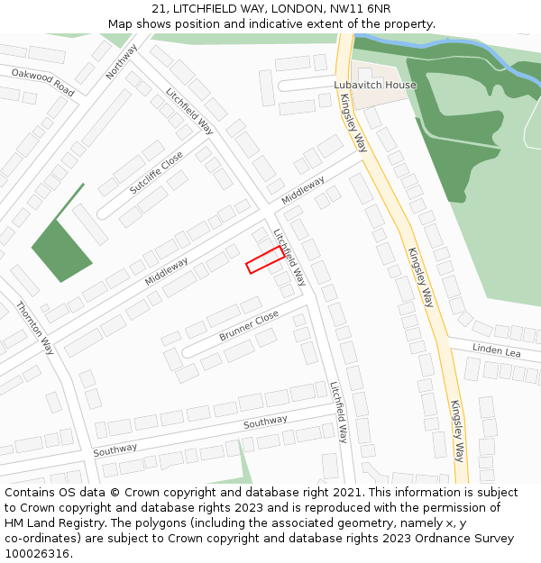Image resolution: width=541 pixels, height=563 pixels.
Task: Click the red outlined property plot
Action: pos(264,259)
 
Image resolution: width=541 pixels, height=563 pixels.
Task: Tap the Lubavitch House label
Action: pos(375,86)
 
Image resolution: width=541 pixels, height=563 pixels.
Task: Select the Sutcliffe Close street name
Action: pos(155,173)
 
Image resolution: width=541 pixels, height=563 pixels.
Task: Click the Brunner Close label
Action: pos(249,326)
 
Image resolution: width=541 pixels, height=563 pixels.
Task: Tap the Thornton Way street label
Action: pos(35,328)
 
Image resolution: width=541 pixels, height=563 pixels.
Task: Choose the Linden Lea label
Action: pos(497,350)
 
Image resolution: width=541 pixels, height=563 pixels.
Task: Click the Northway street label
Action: pos(121,61)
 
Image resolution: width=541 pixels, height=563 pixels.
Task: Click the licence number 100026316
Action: pos(35,553)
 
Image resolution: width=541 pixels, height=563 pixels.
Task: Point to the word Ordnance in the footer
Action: pos(427,538)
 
